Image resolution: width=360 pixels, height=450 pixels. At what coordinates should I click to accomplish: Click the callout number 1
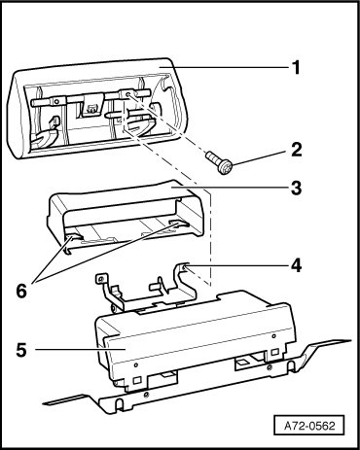pos(296,68)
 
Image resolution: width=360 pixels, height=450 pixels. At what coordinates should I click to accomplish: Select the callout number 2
pos(296,150)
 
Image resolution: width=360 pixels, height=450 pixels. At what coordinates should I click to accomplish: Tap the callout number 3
pos(296,188)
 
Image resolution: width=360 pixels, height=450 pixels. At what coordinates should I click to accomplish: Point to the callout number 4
pos(296,265)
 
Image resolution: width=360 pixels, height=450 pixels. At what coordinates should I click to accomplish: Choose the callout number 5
pos(21,350)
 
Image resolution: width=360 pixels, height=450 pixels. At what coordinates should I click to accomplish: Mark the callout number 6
pos(21,291)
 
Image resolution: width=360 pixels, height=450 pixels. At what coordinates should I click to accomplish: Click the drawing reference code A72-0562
pos(309,426)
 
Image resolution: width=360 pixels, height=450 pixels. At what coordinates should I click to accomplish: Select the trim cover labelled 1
pos(98,109)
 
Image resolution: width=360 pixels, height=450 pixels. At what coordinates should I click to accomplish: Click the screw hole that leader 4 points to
pos(184,267)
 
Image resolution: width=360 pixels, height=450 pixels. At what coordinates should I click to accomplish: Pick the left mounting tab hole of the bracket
pos(100,279)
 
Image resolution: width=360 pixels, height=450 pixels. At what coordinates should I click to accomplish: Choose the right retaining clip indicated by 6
pos(177,224)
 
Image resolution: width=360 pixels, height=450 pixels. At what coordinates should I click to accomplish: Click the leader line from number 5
pos(81,349)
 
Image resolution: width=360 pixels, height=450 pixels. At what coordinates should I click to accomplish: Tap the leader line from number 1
pos(224,67)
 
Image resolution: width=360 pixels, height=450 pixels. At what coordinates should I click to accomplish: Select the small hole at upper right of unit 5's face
pos(274,336)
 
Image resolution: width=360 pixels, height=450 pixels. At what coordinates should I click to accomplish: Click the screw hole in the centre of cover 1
pos(128,94)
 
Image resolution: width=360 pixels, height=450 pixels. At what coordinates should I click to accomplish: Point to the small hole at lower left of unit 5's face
pos(136,365)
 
